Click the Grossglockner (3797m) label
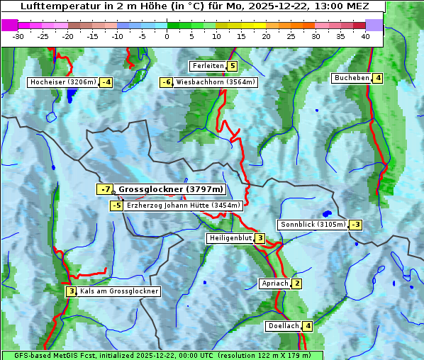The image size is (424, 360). (x=171, y=189)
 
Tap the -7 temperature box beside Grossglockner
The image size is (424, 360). (x=105, y=189)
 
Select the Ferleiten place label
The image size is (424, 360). (x=208, y=66)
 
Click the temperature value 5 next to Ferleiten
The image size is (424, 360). (x=232, y=66)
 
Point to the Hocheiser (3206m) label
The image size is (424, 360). (x=62, y=82)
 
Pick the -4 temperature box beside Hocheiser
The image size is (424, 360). (x=106, y=82)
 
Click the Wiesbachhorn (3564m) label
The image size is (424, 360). (x=216, y=82)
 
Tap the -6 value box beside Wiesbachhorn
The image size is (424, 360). (x=167, y=82)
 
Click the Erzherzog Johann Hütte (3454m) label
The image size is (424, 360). (x=184, y=206)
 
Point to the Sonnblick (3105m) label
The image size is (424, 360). (x=313, y=225)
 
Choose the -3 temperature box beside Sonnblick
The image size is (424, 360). (x=356, y=225)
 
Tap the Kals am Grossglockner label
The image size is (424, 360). (x=119, y=291)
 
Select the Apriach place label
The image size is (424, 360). (x=275, y=284)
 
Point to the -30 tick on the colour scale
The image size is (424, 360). (x=18, y=35)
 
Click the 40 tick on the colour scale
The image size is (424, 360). (x=365, y=35)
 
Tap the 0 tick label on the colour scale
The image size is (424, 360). (x=167, y=35)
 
